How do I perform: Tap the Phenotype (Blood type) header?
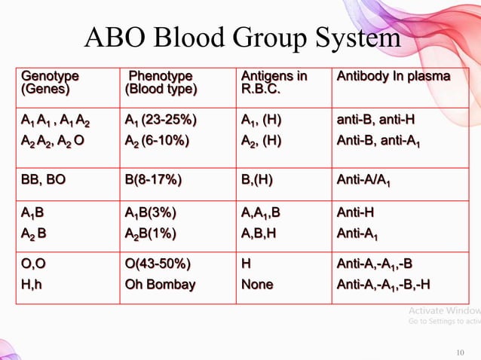161,84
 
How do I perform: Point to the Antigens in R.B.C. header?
274,84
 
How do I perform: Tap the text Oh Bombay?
160,285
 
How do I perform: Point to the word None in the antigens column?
257,285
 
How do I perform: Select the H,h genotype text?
33,285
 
